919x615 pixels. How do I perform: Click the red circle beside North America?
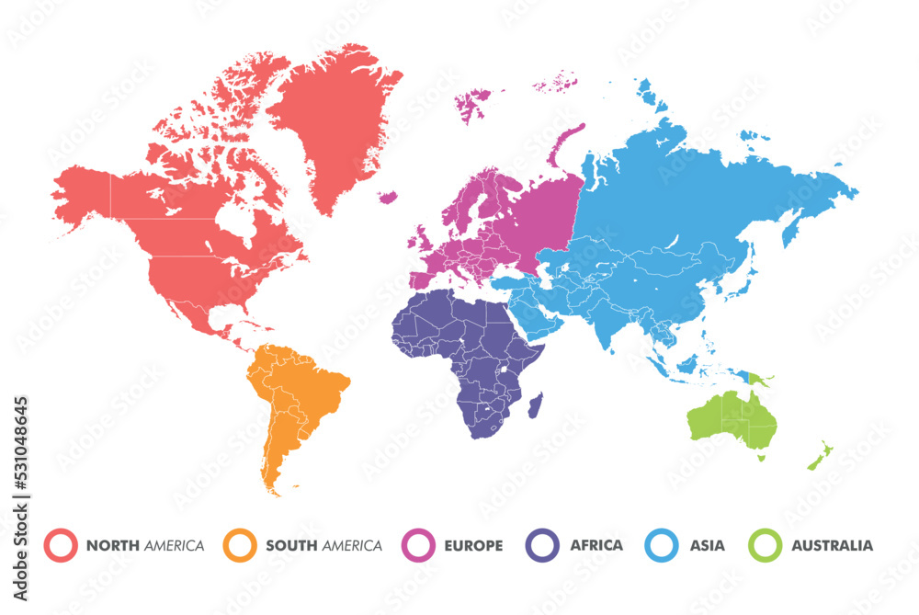click(62, 545)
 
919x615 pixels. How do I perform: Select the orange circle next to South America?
click(241, 545)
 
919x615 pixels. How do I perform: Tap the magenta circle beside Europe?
click(419, 545)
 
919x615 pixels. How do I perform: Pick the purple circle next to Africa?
click(542, 545)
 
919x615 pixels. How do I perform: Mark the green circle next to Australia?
click(765, 545)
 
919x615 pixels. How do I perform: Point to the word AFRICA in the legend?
click(596, 545)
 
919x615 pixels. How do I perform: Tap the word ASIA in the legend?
click(708, 546)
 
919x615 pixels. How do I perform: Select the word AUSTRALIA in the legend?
click(833, 546)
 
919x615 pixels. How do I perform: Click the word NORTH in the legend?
click(113, 546)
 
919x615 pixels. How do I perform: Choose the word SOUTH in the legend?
click(290, 546)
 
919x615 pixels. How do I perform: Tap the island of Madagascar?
click(535, 404)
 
